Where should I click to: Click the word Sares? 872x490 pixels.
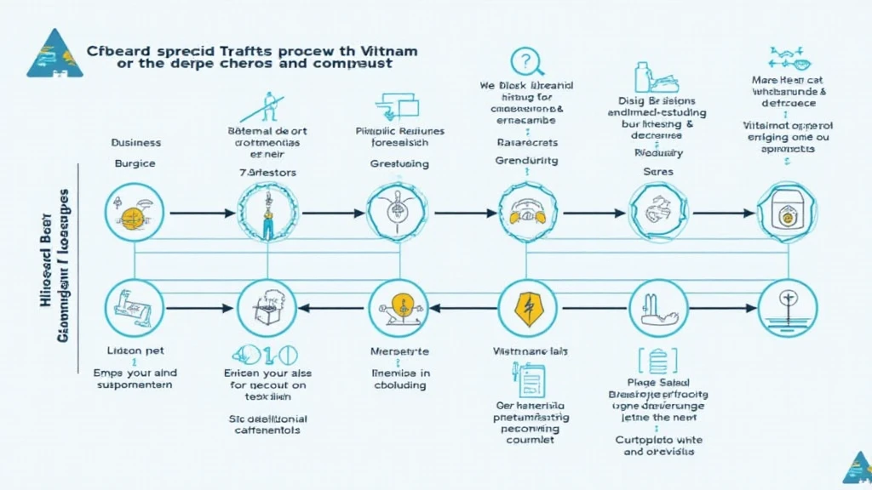pos(657,171)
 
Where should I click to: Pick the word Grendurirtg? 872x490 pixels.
pos(526,159)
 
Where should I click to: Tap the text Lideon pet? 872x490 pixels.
pos(135,350)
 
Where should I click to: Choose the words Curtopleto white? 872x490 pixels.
pos(657,440)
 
